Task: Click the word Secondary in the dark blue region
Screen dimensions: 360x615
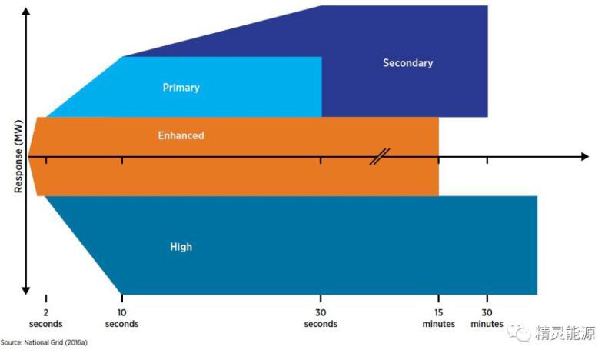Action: coord(407,63)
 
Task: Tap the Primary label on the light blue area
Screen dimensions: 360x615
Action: coord(181,88)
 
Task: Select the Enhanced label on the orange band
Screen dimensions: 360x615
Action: coord(181,135)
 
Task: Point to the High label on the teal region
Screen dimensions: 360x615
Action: coord(181,247)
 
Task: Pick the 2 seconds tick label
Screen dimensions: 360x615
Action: coord(45,318)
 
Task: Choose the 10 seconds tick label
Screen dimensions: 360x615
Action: coord(122,318)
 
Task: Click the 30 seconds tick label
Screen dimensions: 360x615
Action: coord(321,318)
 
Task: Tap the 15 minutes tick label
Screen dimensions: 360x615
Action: coord(438,318)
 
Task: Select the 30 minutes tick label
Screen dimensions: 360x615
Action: coord(487,318)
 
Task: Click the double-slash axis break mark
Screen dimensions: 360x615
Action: coord(380,156)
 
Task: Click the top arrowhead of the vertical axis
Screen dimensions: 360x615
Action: coord(27,11)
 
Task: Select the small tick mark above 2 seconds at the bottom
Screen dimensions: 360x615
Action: coord(46,298)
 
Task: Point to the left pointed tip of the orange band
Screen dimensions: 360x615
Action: coord(29,156)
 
